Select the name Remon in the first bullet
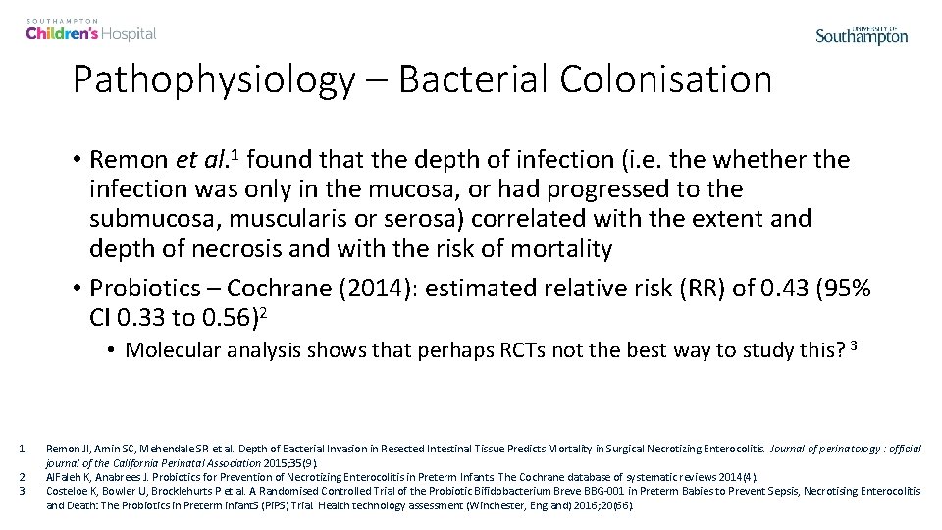point(133,160)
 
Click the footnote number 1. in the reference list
point(23,448)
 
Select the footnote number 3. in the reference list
point(23,490)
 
